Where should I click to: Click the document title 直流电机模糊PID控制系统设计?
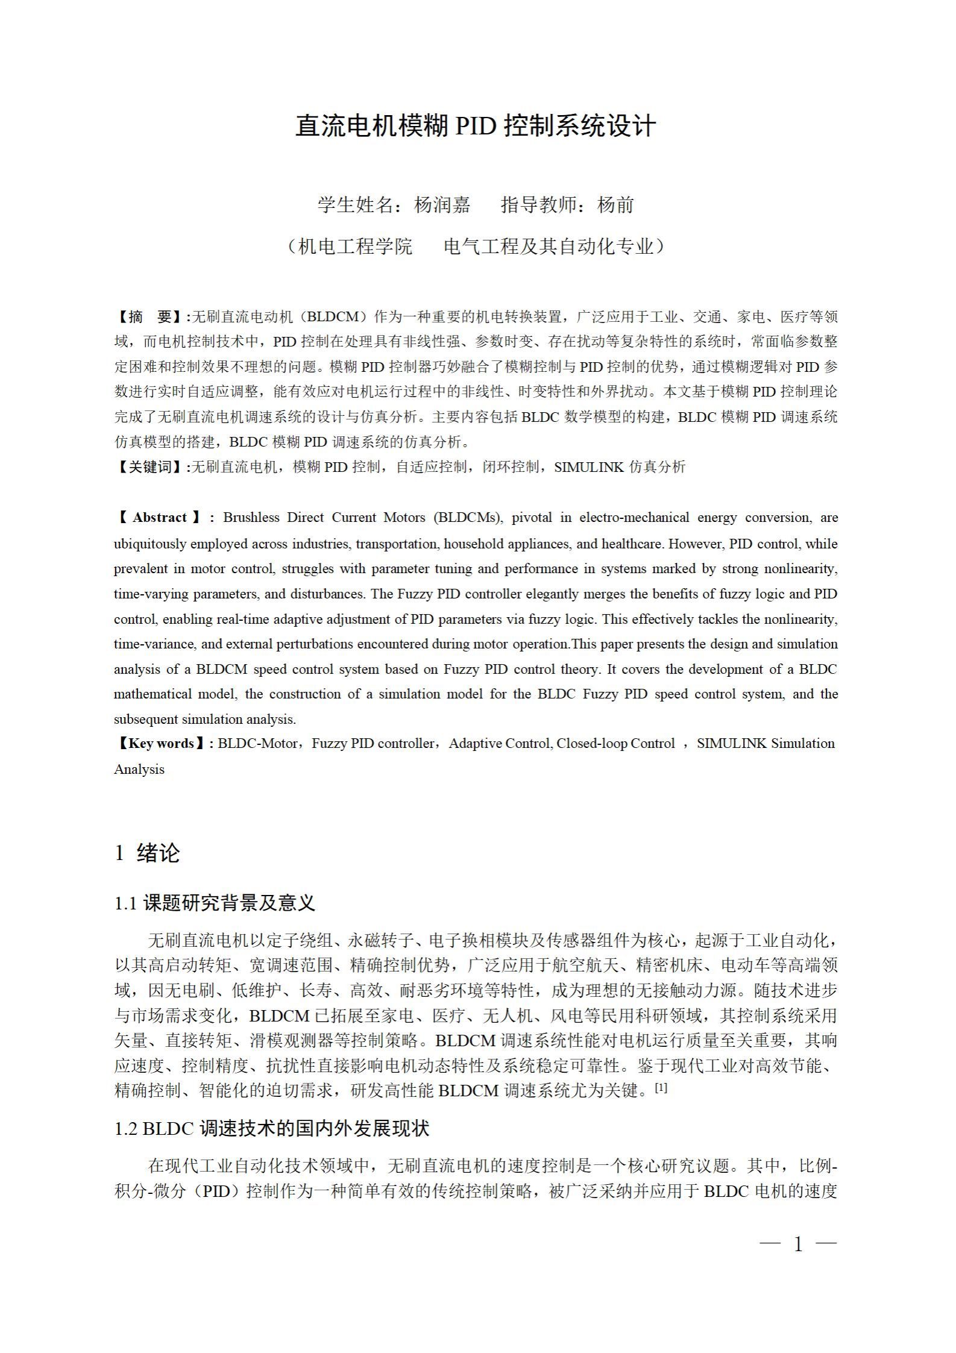coord(476,127)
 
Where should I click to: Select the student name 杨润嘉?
coord(442,205)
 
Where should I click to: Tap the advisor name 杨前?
coord(615,205)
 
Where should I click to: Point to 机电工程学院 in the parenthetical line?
coord(356,246)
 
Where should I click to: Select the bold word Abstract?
coord(160,518)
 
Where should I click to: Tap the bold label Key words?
coord(161,744)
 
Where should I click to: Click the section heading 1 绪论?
coord(147,853)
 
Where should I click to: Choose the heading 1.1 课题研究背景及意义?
coord(215,903)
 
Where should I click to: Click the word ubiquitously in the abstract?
coord(150,544)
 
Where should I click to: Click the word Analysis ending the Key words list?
coord(139,770)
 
